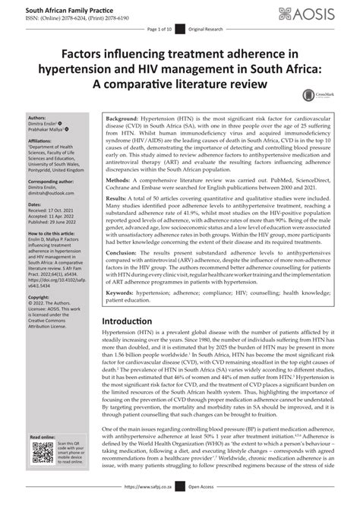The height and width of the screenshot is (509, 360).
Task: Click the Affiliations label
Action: point(21,141)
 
